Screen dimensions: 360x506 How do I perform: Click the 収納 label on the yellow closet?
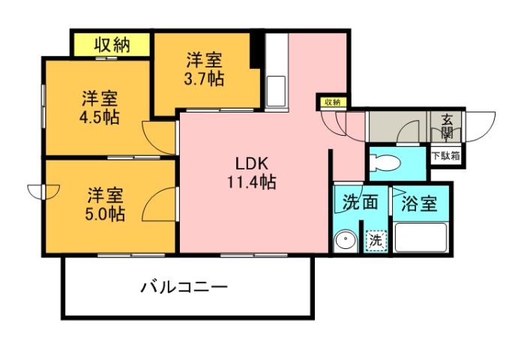pyautogui.click(x=112, y=44)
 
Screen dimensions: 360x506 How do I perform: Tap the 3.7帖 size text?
pyautogui.click(x=205, y=78)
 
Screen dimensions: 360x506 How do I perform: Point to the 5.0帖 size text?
pyautogui.click(x=103, y=213)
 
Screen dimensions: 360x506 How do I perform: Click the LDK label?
pyautogui.click(x=250, y=163)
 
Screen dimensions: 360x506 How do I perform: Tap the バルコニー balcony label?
pyautogui.click(x=184, y=286)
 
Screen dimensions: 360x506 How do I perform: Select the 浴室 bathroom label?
pyautogui.click(x=419, y=203)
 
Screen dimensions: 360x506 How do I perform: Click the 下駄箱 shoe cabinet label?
pyautogui.click(x=445, y=157)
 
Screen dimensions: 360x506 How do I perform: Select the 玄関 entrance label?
pyautogui.click(x=447, y=125)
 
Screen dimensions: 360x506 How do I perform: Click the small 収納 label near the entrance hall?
pyautogui.click(x=332, y=102)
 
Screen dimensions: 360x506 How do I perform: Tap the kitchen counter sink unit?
pyautogui.click(x=276, y=71)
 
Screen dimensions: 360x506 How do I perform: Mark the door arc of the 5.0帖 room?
pyautogui.click(x=160, y=203)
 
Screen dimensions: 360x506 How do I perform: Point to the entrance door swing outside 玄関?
pyautogui.click(x=481, y=124)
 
